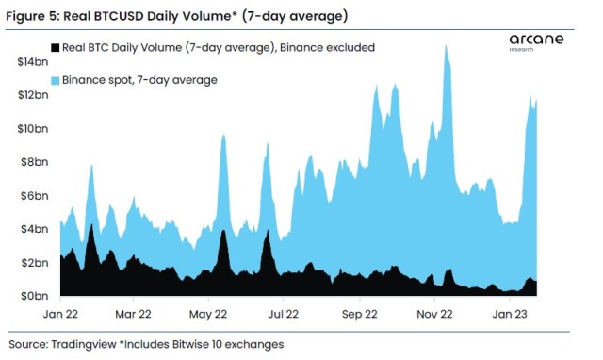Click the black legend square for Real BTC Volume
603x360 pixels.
pyautogui.click(x=55, y=48)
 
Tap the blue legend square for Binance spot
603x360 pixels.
pyautogui.click(x=55, y=81)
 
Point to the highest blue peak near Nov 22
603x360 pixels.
pyautogui.click(x=444, y=45)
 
